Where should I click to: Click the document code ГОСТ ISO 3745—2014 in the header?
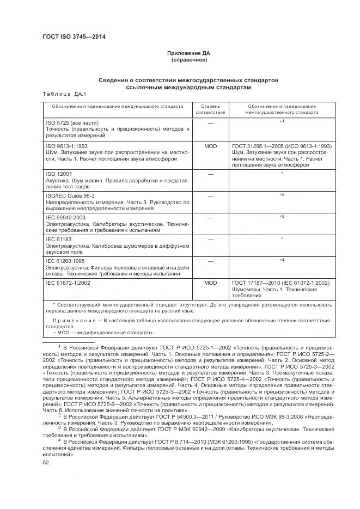click(74, 36)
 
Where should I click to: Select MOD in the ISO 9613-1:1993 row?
click(210, 146)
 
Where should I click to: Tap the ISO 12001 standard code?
click(57, 174)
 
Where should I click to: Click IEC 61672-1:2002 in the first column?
click(68, 283)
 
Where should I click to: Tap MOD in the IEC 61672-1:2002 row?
click(210, 283)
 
